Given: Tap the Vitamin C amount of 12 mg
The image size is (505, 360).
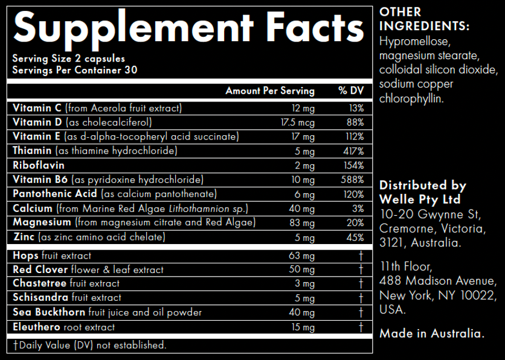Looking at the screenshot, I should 303,108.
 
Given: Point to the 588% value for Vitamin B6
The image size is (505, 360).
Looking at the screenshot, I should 352,180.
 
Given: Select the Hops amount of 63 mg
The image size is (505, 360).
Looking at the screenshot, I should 302,256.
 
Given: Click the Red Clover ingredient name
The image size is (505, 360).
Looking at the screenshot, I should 41,269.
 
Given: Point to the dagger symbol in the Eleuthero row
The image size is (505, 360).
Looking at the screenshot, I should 361,327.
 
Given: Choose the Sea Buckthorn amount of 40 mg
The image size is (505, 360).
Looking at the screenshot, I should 302,313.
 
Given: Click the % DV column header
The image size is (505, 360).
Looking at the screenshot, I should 351,91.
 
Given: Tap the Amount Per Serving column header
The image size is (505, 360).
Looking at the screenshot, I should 269,91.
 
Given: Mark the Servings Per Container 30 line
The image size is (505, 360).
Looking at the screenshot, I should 75,70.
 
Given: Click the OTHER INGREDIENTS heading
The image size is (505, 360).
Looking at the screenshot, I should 424,19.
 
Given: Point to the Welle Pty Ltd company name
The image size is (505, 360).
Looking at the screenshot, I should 420,199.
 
